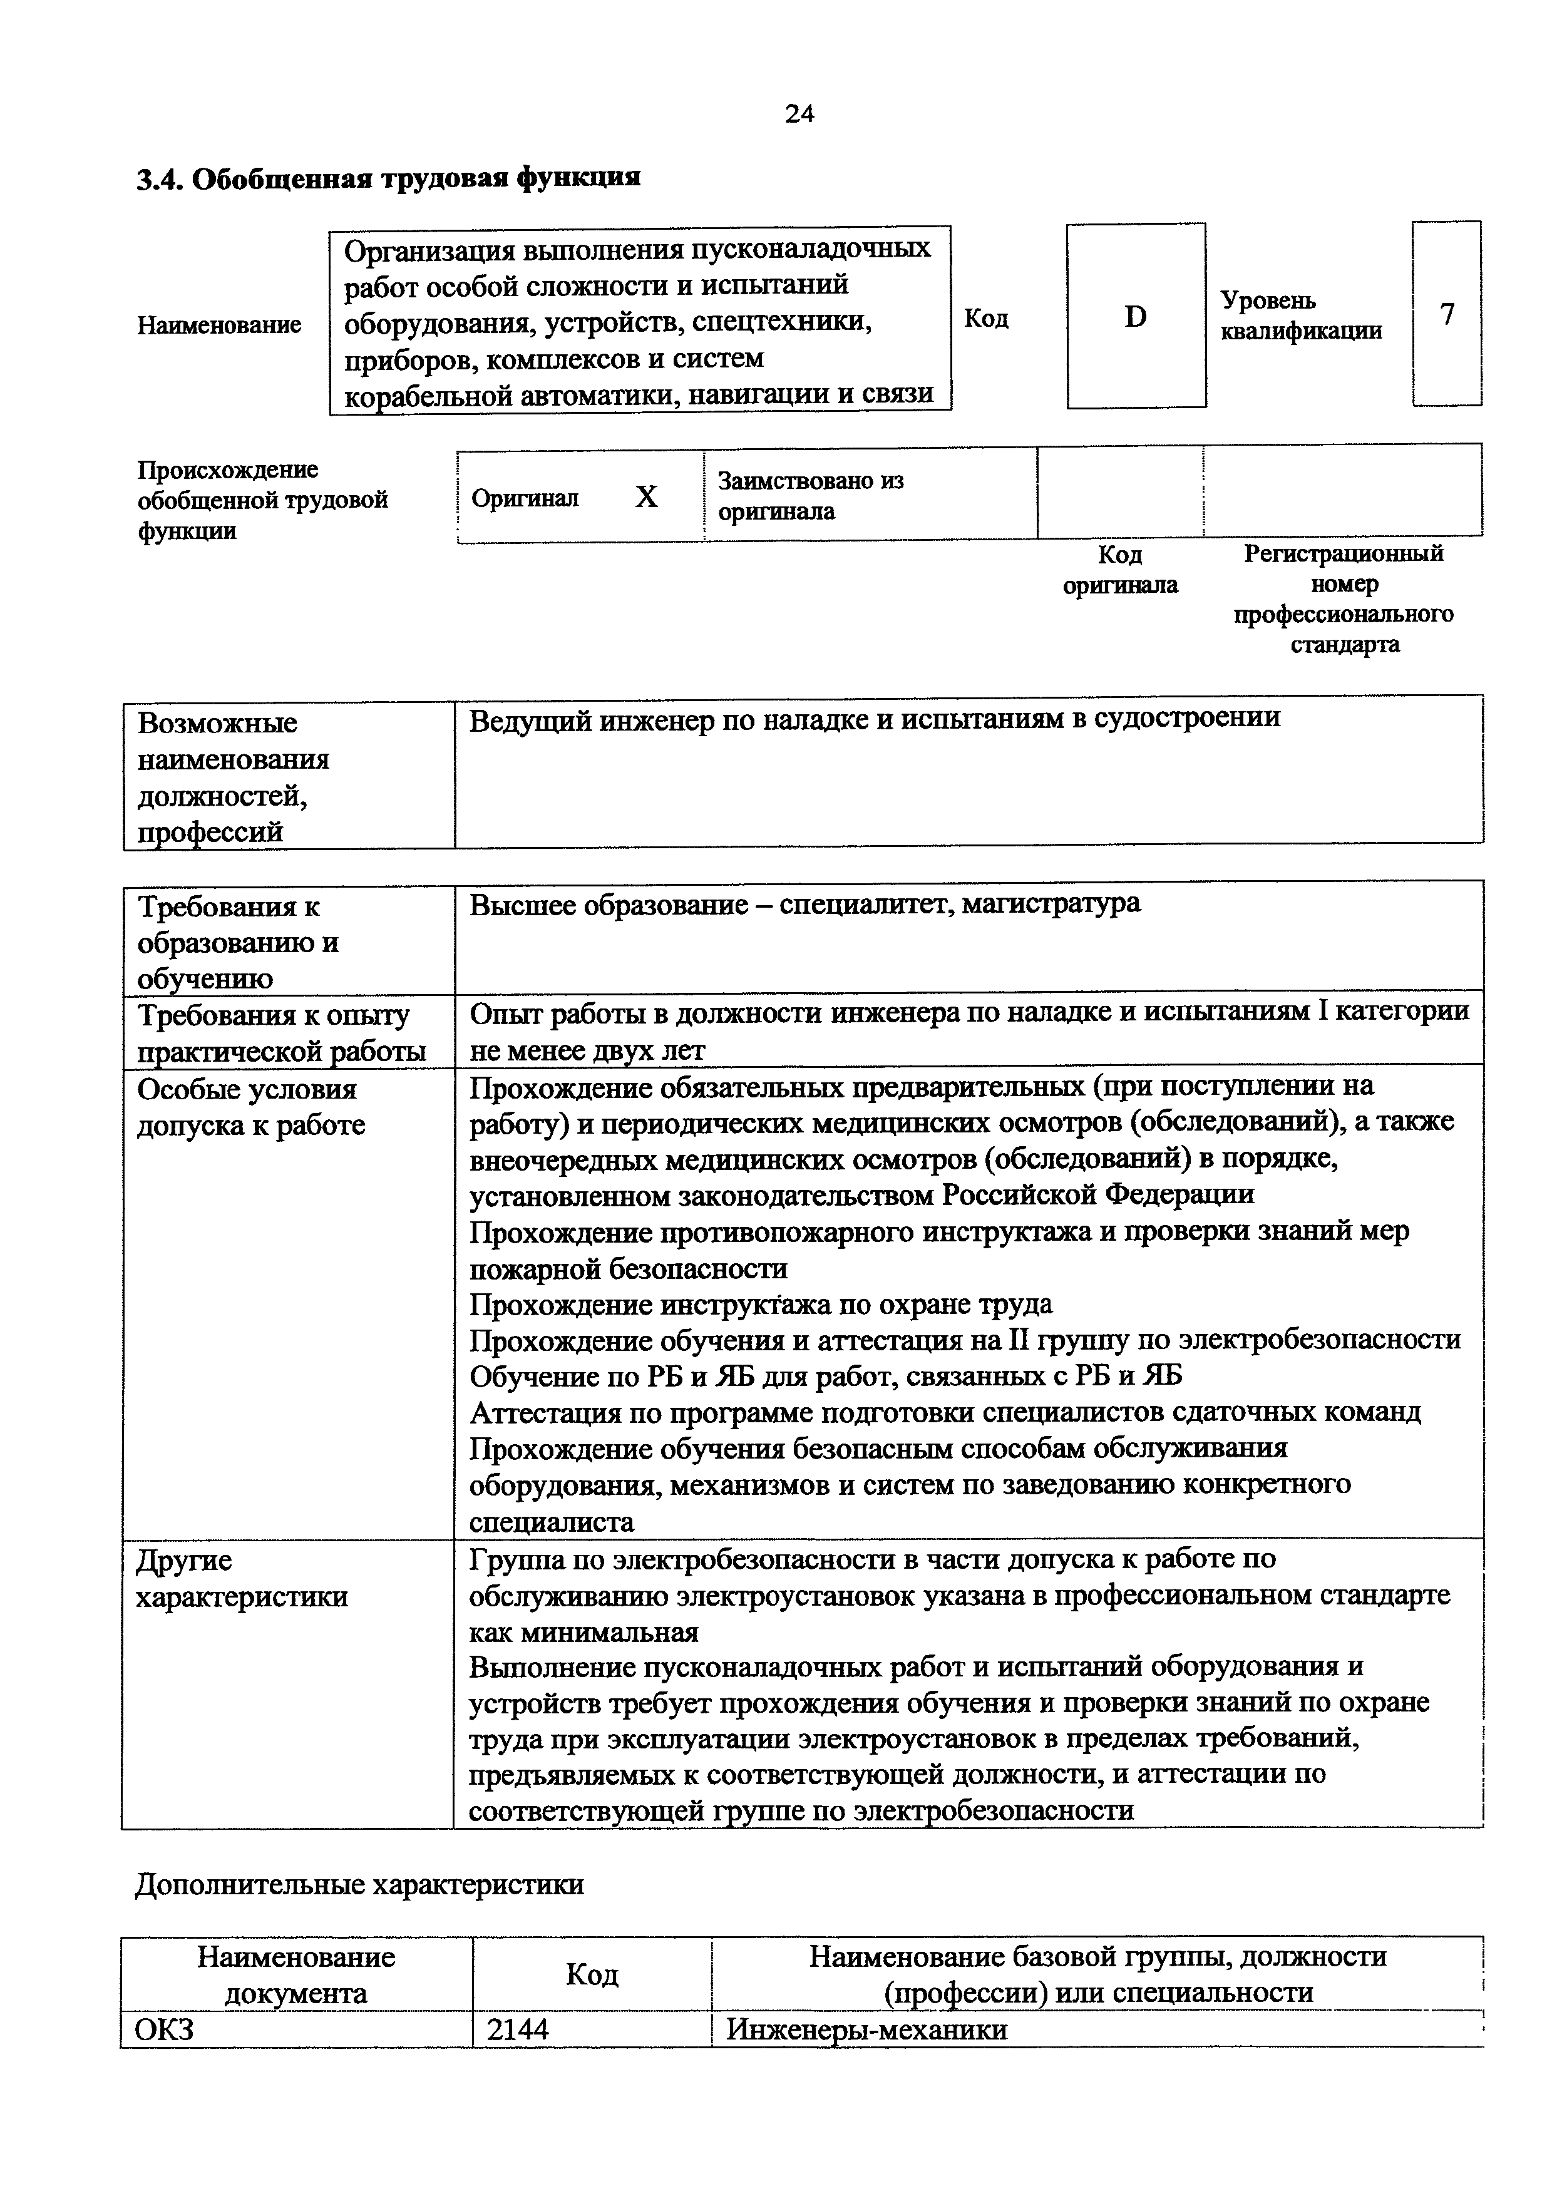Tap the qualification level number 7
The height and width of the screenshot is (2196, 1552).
pyautogui.click(x=1447, y=315)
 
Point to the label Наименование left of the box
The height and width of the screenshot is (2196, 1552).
pyautogui.click(x=219, y=325)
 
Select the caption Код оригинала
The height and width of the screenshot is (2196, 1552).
pyautogui.click(x=1120, y=570)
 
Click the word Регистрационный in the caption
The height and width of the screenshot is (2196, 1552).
pyautogui.click(x=1342, y=554)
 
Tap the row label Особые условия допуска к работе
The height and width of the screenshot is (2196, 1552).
pyautogui.click(x=250, y=1107)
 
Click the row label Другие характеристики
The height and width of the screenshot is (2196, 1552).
pyautogui.click(x=241, y=1579)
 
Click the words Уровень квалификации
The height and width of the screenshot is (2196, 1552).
pyautogui.click(x=1300, y=316)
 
